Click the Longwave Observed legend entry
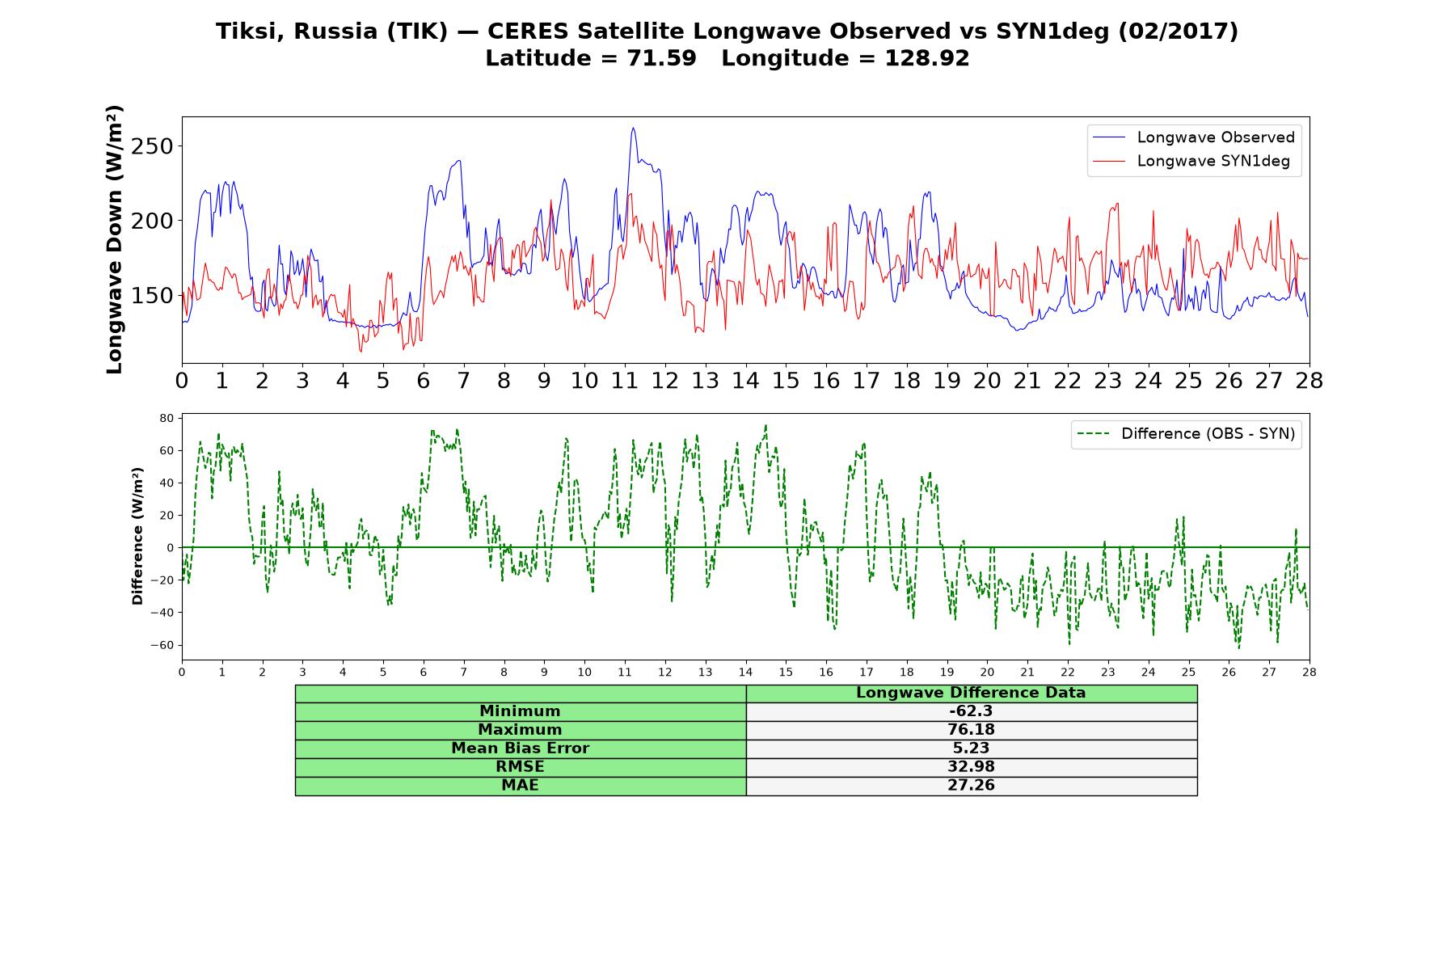[x=1193, y=137]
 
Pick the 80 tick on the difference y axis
[x=167, y=418]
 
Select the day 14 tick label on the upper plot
[x=745, y=381]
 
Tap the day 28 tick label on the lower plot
[x=1309, y=672]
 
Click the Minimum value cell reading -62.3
[x=971, y=711]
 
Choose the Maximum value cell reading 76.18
[x=971, y=730]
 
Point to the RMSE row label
[x=520, y=767]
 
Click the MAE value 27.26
[x=971, y=786]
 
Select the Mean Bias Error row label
[x=520, y=749]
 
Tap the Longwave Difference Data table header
[x=971, y=693]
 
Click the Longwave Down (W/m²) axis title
[x=115, y=239]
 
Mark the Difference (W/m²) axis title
[x=137, y=536]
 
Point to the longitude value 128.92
[x=927, y=58]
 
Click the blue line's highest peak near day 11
[x=633, y=128]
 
